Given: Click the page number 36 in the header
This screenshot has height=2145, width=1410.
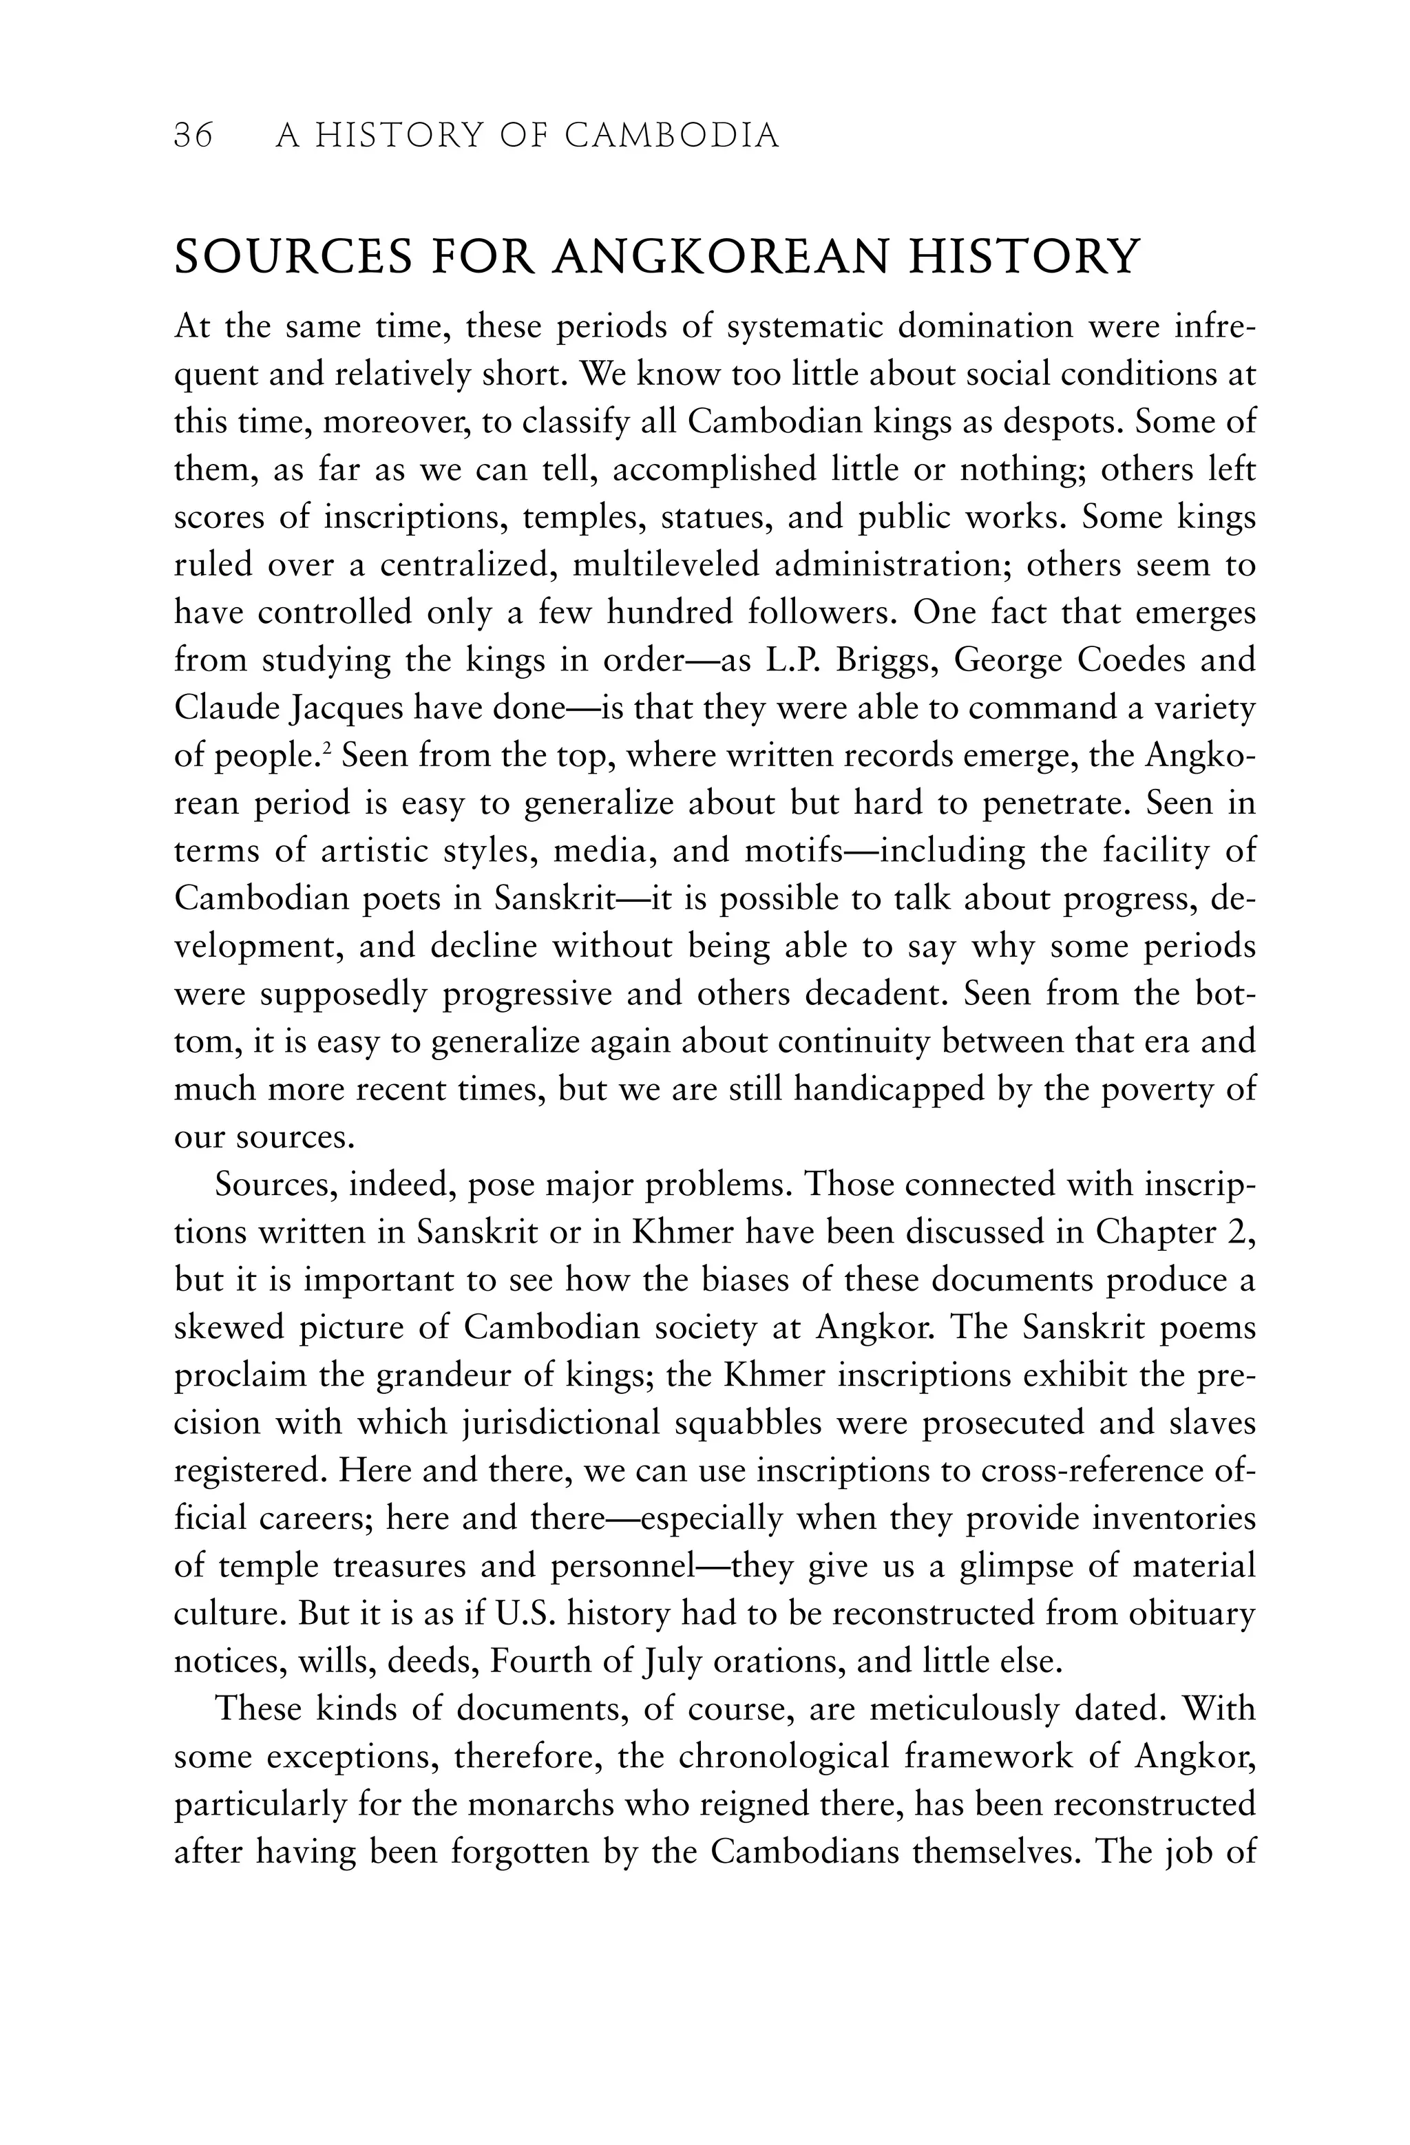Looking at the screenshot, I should pyautogui.click(x=193, y=136).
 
